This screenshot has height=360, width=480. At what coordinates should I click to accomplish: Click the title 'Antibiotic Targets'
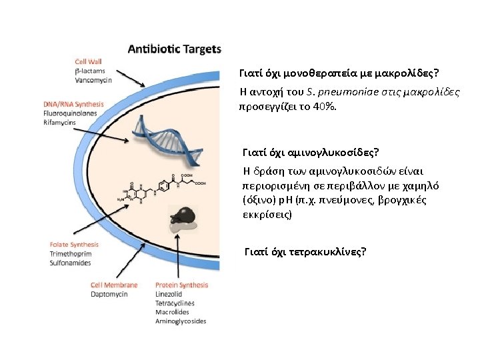[174, 49]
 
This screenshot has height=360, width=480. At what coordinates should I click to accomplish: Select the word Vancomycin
[93, 80]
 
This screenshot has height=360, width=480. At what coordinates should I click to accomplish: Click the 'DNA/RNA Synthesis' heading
[73, 105]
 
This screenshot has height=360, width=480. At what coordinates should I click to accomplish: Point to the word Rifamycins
[60, 123]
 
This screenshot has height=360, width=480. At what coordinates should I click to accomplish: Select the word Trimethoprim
[70, 254]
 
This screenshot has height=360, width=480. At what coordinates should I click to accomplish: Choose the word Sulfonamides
[70, 263]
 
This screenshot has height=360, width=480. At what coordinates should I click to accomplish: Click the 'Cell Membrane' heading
[114, 285]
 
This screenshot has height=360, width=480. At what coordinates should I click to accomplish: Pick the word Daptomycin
[109, 294]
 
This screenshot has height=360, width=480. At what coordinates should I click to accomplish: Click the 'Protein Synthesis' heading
[181, 285]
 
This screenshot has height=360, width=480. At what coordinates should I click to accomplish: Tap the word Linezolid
[169, 294]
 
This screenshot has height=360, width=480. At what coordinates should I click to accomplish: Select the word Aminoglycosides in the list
[181, 321]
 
